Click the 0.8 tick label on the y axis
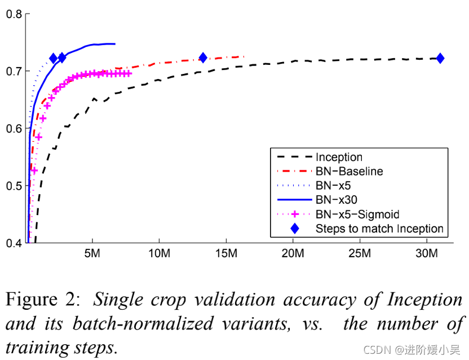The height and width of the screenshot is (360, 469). pyautogui.click(x=14, y=14)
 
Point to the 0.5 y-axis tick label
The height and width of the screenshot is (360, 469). pyautogui.click(x=14, y=186)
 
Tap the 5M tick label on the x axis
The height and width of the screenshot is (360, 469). pyautogui.click(x=92, y=253)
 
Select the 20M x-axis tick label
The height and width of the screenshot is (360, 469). pyautogui.click(x=293, y=253)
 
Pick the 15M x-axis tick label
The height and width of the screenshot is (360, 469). pyautogui.click(x=226, y=253)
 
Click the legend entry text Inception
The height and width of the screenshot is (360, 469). pyautogui.click(x=339, y=157)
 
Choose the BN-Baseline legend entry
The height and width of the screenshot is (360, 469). pyautogui.click(x=350, y=172)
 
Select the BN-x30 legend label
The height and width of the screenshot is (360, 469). pyautogui.click(x=337, y=200)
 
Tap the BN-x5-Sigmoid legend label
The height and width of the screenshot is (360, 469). pyautogui.click(x=357, y=214)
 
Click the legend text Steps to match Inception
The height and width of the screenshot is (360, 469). pyautogui.click(x=379, y=229)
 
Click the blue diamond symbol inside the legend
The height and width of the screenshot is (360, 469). pyautogui.click(x=293, y=229)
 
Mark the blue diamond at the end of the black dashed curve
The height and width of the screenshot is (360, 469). pyautogui.click(x=440, y=58)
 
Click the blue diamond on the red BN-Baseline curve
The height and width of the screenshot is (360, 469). pyautogui.click(x=203, y=58)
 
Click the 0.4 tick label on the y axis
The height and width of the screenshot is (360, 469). pyautogui.click(x=14, y=243)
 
